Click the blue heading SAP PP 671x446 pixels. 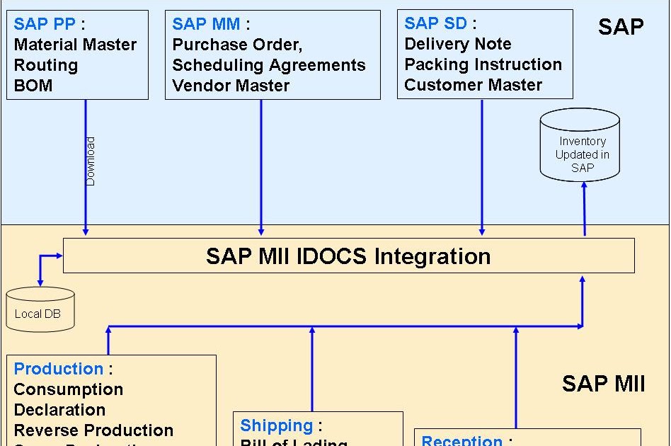coord(45,24)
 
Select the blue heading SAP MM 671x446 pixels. coord(206,24)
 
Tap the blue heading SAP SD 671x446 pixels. coord(436,23)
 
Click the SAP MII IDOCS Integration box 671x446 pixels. coord(348,256)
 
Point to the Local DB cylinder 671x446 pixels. coord(40,309)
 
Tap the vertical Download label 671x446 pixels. coord(91,161)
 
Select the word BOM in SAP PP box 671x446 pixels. coord(33,86)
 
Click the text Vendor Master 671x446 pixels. coord(231,86)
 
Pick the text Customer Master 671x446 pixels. coord(473,85)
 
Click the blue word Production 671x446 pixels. coord(58,369)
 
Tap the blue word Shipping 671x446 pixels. coord(276,425)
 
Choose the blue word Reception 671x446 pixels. coord(461,440)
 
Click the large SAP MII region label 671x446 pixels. coord(603,384)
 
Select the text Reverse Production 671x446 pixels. coord(93,430)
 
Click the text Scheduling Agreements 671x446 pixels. coord(269,65)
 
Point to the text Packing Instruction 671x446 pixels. coord(483,64)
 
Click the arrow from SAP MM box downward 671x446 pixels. coord(261,166)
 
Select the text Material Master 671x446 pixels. coord(75,45)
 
